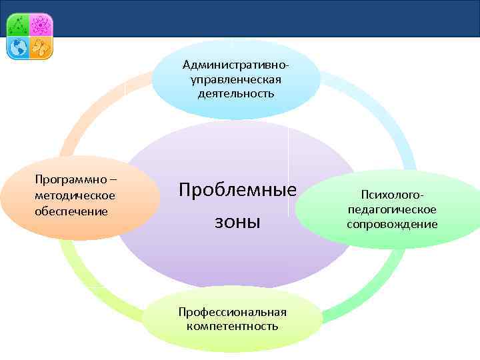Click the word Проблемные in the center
237,190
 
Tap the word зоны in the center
237,221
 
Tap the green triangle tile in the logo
19,25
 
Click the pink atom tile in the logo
41,25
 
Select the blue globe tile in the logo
19,47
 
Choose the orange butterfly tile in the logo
41,47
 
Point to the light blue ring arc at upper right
380,113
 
